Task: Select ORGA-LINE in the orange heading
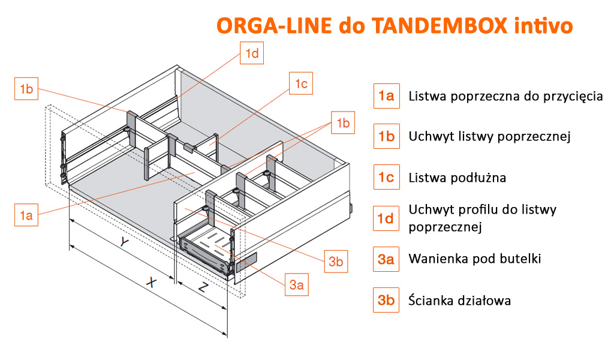point(274,25)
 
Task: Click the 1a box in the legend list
point(387,96)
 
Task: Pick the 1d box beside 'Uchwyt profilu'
point(386,218)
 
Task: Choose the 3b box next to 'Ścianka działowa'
point(386,300)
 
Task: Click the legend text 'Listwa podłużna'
point(458,178)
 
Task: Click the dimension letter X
point(151,282)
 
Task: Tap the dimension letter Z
point(203,288)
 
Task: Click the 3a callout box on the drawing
point(296,284)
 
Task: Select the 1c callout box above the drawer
point(301,83)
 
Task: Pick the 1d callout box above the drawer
point(252,53)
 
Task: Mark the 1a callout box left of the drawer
point(26,215)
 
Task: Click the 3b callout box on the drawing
point(336,261)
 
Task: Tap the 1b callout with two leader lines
point(343,122)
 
